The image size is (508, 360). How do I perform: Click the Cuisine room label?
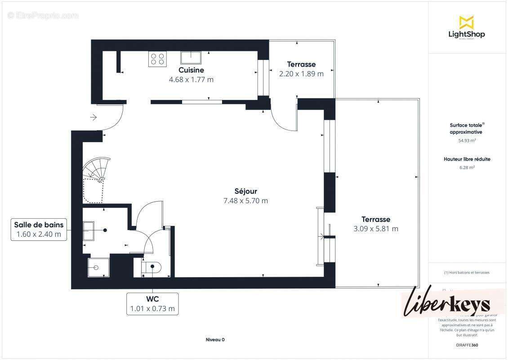tap(191, 70)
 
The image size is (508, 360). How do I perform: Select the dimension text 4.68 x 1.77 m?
tap(191, 80)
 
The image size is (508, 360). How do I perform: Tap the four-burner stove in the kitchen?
tap(157, 59)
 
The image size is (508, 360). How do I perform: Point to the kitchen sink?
tap(191, 58)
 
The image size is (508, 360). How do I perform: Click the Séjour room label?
tap(245, 191)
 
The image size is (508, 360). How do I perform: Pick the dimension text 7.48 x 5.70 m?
tap(245, 201)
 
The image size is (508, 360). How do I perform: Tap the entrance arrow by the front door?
tap(94, 117)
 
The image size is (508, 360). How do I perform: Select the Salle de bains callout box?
tap(39, 229)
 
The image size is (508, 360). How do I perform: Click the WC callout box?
tap(152, 304)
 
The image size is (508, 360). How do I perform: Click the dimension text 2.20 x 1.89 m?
tap(301, 74)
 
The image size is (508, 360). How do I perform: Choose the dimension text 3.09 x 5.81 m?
tap(376, 229)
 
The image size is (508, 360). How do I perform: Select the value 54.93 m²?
tap(467, 140)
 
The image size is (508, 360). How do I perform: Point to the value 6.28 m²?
tap(467, 167)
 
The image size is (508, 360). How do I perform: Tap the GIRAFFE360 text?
tap(467, 345)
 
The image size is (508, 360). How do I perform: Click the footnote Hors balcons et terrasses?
tap(467, 272)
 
